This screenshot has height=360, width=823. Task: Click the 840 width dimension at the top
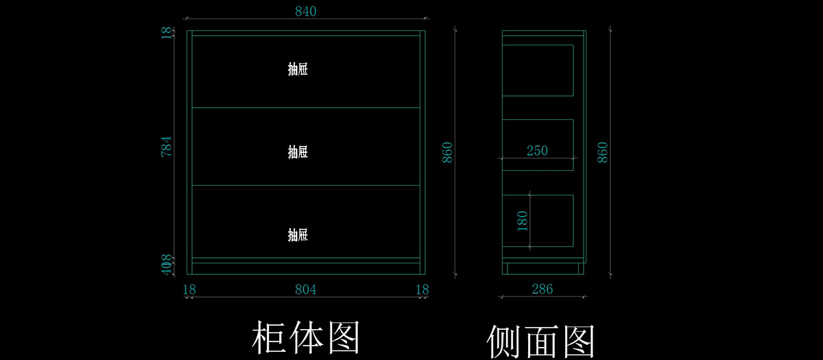coord(305,12)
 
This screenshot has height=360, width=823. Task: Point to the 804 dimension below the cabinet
coord(305,289)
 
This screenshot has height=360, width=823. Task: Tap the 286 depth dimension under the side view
coord(542,289)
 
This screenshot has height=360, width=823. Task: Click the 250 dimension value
coord(537,151)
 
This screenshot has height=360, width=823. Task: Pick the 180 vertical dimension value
coord(523,221)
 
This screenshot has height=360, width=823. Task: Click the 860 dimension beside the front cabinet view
coord(447,152)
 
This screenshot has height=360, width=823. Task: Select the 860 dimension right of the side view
coord(603,152)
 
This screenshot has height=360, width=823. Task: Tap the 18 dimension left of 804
coord(189,289)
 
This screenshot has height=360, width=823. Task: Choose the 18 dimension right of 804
coord(423,289)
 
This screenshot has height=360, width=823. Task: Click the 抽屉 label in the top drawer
coord(298,69)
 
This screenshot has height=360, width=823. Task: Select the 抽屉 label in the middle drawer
coord(298,152)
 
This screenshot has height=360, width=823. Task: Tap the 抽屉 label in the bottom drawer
coord(298,235)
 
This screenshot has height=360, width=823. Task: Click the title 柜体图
coord(306,337)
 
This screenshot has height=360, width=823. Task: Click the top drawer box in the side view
coord(538,70)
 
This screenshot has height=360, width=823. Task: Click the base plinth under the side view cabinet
coord(542,268)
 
